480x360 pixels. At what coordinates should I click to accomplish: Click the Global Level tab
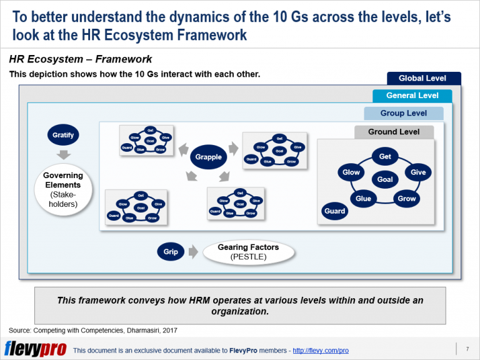pos(422,78)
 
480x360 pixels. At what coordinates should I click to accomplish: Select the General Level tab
pos(412,96)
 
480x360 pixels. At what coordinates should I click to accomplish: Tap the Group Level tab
pos(404,113)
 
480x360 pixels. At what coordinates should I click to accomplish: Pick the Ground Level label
pos(393,132)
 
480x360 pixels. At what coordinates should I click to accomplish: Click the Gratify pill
pos(63,134)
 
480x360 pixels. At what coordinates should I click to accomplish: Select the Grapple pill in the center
pos(209,157)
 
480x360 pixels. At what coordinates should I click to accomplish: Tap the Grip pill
pos(171,252)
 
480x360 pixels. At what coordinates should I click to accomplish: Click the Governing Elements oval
pos(63,188)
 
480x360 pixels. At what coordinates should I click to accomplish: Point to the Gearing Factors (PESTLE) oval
pos(249,252)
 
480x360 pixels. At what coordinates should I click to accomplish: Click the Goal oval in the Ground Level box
pos(385,179)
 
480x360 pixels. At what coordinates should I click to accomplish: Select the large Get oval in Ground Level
pos(385,156)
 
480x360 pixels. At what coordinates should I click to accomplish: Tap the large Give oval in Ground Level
pos(418,172)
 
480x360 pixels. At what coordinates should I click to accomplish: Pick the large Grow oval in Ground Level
pos(407,199)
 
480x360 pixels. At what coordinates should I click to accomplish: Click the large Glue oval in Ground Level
pos(363,199)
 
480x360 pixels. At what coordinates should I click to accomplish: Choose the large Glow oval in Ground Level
pos(351,172)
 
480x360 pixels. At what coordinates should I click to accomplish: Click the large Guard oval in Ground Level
pos(335,211)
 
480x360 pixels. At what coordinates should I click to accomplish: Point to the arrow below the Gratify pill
pos(63,154)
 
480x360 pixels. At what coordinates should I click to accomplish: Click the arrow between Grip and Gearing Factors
pos(192,252)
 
